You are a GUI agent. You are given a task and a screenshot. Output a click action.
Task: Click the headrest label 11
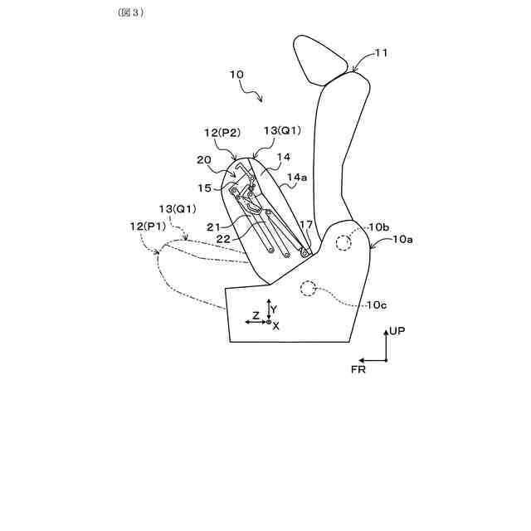pos(381,53)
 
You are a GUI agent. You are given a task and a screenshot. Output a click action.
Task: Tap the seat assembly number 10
pos(236,74)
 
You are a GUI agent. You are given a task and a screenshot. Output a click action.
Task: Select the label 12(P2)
pos(222,131)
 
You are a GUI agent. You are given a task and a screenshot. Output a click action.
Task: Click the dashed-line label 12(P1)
pos(149,226)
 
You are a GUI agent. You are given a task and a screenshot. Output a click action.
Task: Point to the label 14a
pos(297,178)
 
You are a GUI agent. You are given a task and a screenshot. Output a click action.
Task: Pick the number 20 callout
pos(204,160)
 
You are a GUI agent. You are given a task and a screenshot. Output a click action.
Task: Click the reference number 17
pos(307,224)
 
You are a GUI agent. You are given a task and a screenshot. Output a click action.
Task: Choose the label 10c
pos(378,305)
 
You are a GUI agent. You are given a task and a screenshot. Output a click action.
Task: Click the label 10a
pos(402,239)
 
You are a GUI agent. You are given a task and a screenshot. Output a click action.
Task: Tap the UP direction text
pos(397,331)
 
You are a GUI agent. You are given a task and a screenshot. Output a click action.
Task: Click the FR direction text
pos(358,370)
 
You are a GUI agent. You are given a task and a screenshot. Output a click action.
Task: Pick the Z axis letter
pos(256,316)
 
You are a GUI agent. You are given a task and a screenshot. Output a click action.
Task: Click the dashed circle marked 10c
pos(309,288)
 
